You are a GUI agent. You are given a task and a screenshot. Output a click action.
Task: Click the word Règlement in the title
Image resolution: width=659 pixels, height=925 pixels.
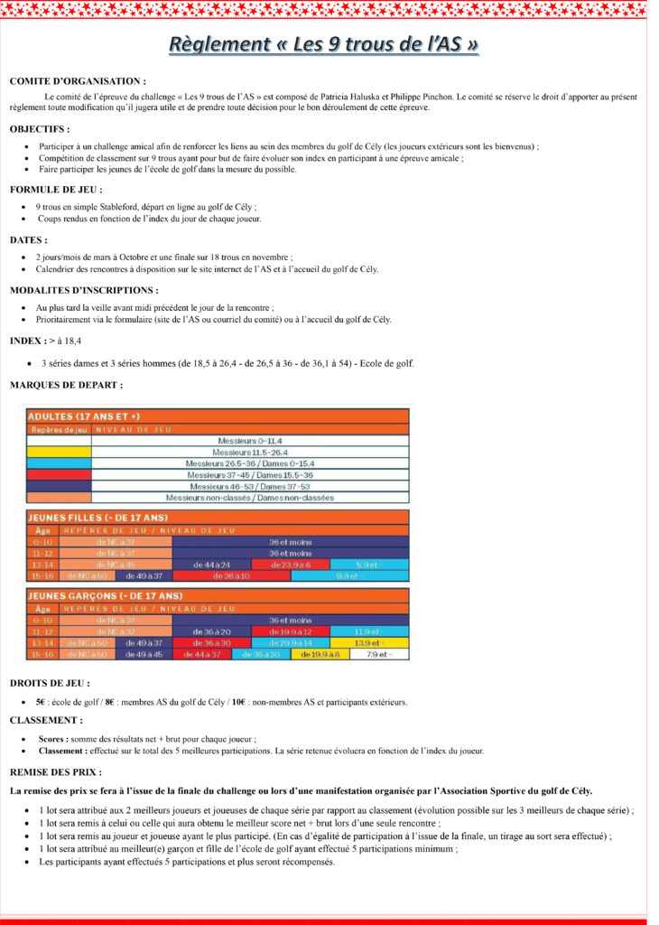pos(219,44)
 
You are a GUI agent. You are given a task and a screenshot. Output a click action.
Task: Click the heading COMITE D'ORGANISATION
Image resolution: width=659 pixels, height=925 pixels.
pos(78,81)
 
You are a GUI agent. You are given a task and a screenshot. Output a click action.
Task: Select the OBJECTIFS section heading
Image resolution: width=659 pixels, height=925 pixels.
pos(40,129)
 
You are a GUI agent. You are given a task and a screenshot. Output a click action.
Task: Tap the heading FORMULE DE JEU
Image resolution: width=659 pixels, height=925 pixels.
pos(56,190)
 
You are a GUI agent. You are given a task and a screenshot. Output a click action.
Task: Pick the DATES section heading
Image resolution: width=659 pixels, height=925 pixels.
pos(29,240)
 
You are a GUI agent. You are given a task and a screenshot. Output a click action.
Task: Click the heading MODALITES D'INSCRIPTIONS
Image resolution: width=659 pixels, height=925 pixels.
pos(84,291)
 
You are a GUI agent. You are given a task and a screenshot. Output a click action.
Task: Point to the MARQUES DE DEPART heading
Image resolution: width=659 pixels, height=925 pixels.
pos(66,385)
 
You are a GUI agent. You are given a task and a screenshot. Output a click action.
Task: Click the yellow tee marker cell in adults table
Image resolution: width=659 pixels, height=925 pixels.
pos(59,452)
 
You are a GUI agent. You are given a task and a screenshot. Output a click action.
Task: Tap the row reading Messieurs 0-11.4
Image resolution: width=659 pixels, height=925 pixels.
pos(250,440)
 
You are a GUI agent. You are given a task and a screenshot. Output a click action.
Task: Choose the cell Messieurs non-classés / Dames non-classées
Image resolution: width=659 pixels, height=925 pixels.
pos(250,498)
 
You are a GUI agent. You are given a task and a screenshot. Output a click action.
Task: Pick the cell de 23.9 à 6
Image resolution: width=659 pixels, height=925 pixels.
pos(290,564)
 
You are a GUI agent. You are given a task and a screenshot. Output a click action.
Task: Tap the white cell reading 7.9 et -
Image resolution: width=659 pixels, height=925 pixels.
pos(375,654)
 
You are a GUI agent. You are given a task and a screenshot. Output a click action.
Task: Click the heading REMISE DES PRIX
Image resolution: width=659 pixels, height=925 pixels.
pos(55,772)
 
